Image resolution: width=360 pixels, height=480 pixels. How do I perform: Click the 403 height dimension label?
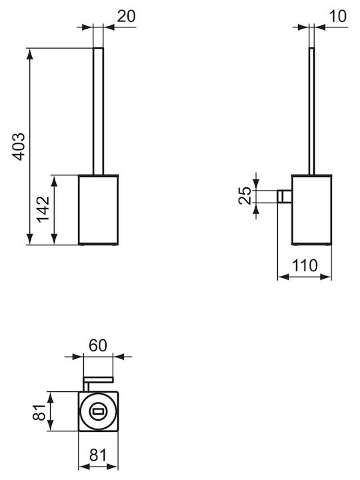point(19,147)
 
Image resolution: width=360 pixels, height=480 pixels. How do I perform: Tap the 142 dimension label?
point(43,209)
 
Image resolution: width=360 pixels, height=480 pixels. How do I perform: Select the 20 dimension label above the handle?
point(126,16)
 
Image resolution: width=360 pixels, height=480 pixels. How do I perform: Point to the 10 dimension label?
point(338,16)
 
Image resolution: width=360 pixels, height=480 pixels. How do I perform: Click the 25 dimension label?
point(245,195)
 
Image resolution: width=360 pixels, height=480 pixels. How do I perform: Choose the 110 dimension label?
point(305,265)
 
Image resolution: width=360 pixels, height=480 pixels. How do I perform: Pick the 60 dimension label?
point(98,345)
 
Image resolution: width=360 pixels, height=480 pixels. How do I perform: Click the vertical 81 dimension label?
point(39,412)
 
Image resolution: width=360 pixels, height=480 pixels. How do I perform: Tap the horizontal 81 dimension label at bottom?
point(98,455)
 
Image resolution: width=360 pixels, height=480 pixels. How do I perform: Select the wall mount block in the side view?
point(285,196)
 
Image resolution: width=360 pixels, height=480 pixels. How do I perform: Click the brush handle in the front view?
point(98,111)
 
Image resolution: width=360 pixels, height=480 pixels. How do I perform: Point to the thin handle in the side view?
point(311,111)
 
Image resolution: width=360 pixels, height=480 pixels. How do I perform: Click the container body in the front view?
point(98,210)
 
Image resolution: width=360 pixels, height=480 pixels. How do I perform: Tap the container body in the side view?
point(311,210)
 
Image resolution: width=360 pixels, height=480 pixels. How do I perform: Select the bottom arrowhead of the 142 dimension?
point(54,239)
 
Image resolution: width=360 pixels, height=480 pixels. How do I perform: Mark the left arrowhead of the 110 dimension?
point(283,277)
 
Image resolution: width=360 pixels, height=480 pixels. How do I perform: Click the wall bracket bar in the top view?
point(98,380)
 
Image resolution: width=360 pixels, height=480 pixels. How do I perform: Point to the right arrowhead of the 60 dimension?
point(119,357)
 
